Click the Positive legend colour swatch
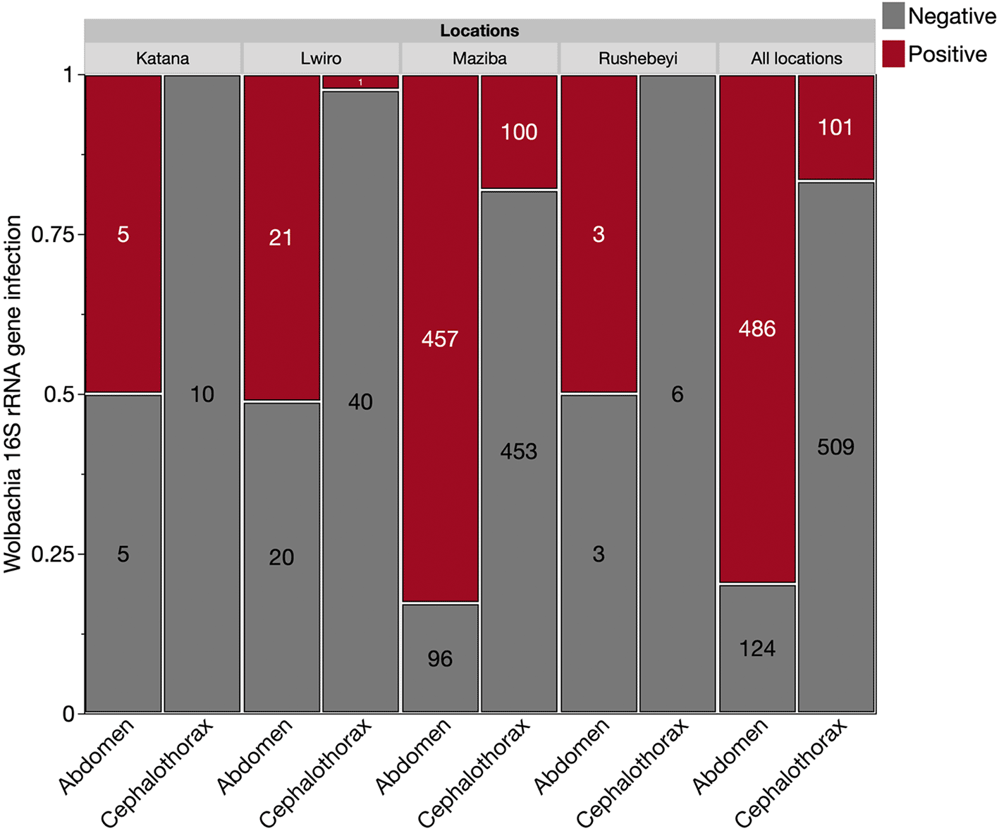click(893, 54)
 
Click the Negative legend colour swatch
click(893, 16)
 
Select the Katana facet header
click(163, 59)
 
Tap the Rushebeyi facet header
click(638, 59)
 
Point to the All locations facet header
click(797, 59)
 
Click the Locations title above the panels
click(479, 30)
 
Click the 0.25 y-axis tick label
click(54, 554)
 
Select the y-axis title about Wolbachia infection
click(13, 394)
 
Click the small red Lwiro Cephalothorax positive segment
click(360, 82)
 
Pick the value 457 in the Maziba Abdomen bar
click(440, 339)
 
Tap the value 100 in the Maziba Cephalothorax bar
click(519, 132)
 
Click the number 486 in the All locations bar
click(757, 329)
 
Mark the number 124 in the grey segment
click(757, 648)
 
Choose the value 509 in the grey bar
click(835, 447)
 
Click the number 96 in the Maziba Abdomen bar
click(440, 659)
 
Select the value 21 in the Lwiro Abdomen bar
click(281, 238)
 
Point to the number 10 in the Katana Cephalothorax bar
click(202, 394)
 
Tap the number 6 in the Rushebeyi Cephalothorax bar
click(677, 394)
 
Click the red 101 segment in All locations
click(836, 127)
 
